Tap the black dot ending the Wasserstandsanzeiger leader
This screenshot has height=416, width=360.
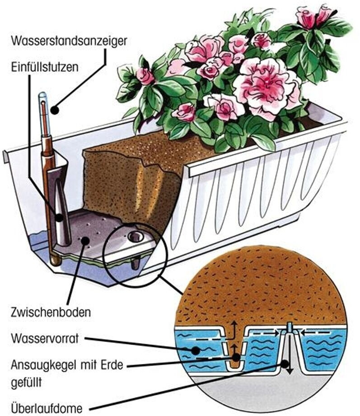55,110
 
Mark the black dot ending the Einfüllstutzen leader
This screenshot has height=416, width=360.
59,217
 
